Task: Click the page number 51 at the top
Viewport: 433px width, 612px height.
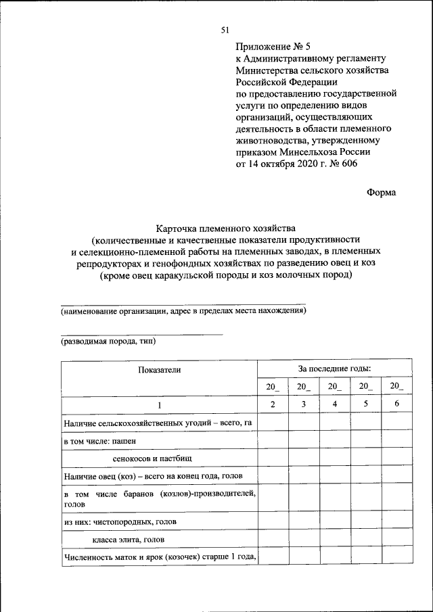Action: tap(226, 29)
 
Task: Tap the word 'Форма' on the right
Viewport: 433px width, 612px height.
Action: tap(381, 192)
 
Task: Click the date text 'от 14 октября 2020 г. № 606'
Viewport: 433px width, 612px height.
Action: tap(296, 164)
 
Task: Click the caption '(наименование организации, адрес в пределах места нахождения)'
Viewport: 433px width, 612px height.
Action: tap(183, 311)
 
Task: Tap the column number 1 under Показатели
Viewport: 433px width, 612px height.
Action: tap(160, 404)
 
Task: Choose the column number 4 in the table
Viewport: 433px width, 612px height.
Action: tap(334, 404)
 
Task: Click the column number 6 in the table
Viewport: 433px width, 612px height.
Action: tap(397, 404)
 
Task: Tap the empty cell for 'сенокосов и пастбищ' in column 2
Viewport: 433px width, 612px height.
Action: tap(272, 458)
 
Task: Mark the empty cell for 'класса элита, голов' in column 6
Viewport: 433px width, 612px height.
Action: tap(397, 539)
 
